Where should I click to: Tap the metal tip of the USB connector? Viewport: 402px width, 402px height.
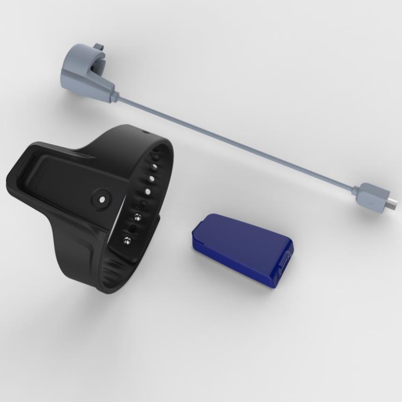pos(393,203)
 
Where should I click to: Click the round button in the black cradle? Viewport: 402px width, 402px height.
pos(101,198)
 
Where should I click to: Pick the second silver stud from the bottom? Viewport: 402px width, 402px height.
pos(137,217)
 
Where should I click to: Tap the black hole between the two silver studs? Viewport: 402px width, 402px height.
pos(132,228)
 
